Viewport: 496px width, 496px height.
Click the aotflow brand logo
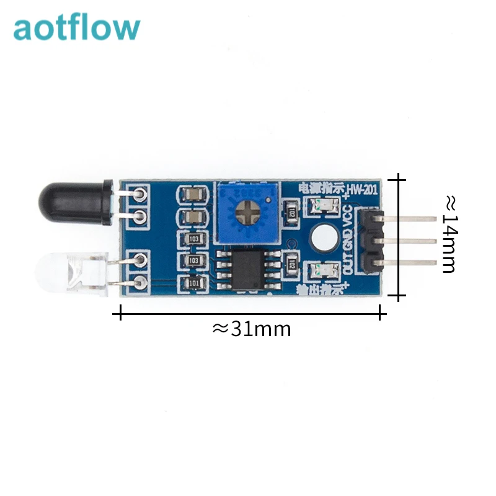(77, 29)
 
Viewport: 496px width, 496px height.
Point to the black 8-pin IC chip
(242, 269)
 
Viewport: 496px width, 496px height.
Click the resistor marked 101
(194, 284)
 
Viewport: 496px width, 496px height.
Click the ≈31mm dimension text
(251, 328)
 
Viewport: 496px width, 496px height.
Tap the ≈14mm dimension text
(449, 234)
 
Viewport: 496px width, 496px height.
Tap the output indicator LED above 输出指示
(323, 270)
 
